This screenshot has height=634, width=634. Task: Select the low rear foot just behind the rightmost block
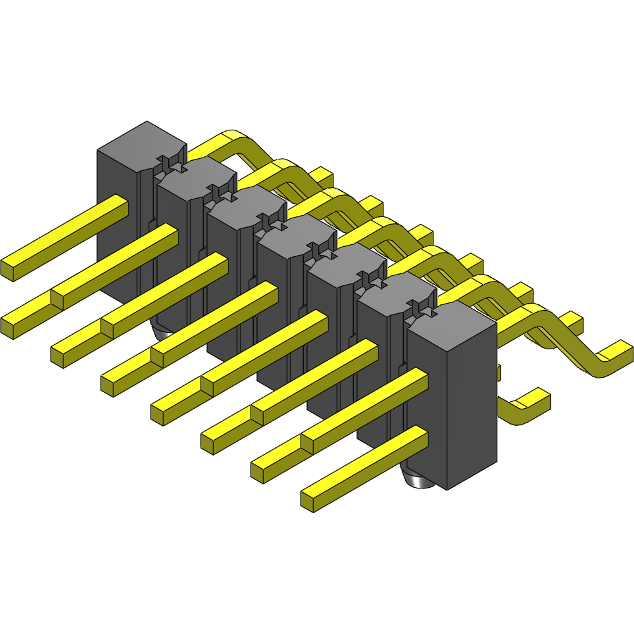[531, 402]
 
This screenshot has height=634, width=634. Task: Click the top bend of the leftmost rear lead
[231, 136]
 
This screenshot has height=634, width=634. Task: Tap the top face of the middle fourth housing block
[297, 231]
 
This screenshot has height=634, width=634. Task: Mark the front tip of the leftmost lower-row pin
[8, 326]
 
